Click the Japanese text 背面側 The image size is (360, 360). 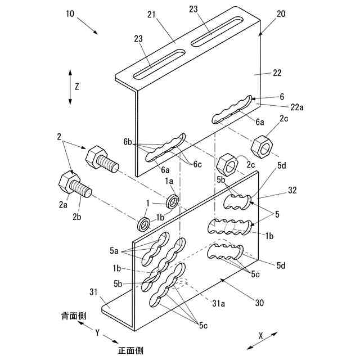point(74,316)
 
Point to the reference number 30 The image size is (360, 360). point(259,303)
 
